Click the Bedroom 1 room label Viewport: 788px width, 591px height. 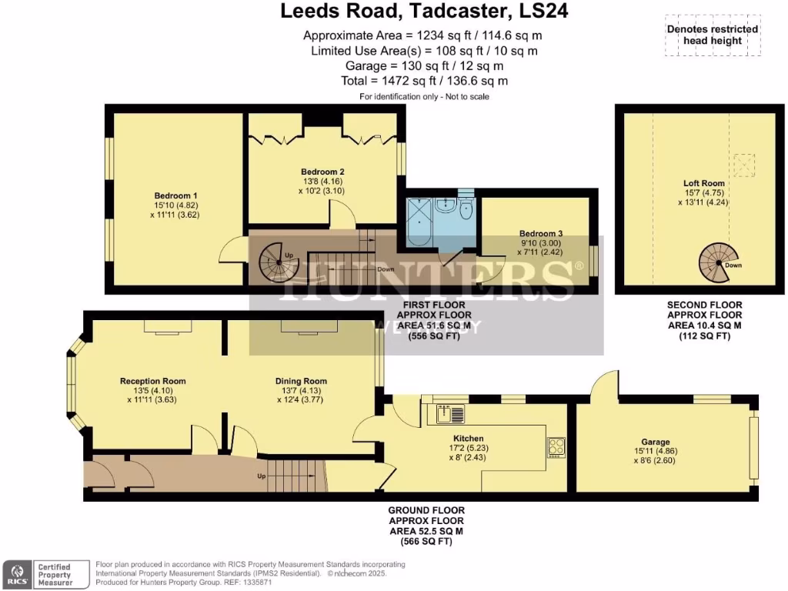point(175,195)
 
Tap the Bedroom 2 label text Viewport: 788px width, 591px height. point(322,172)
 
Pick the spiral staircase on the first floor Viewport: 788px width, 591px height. point(277,262)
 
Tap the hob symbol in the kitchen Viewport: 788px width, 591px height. point(556,447)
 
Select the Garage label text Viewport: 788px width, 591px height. point(653,442)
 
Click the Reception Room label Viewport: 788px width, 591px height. point(152,381)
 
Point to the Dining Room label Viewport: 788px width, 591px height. point(301,381)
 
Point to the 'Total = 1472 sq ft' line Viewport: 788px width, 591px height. point(424,81)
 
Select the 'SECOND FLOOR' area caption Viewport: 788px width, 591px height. point(704,305)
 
